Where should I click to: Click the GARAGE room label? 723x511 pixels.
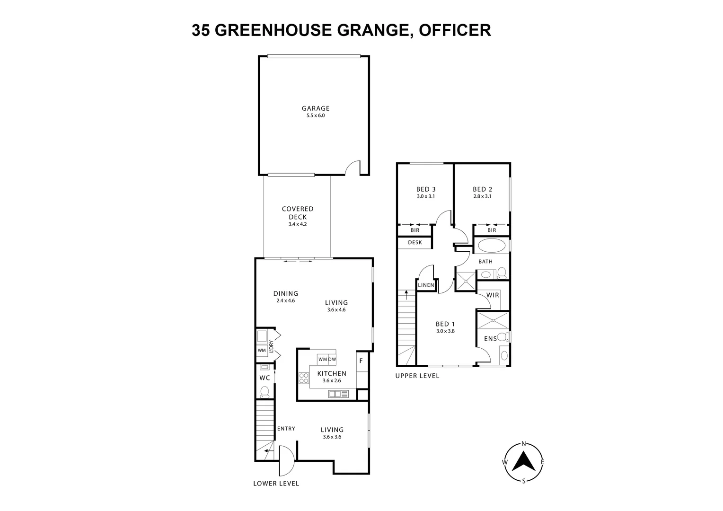tap(316, 108)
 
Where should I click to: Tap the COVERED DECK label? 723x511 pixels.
tap(298, 213)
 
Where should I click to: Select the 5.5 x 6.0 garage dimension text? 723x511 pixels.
tap(316, 115)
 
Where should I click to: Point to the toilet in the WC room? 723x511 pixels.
tap(265, 391)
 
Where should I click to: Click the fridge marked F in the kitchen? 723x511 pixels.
tap(361, 361)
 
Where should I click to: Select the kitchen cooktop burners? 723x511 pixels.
tap(303, 379)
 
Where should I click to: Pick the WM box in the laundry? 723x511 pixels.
tap(262, 351)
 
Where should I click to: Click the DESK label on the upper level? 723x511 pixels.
tap(414, 243)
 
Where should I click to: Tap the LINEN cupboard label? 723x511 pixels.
tap(426, 285)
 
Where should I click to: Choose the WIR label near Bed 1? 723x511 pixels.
tap(493, 295)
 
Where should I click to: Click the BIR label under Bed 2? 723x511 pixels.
tap(492, 230)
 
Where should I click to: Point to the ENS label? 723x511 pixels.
tap(490, 339)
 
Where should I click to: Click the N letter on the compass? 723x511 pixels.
tap(524, 444)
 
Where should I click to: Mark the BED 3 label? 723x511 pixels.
tap(426, 189)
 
